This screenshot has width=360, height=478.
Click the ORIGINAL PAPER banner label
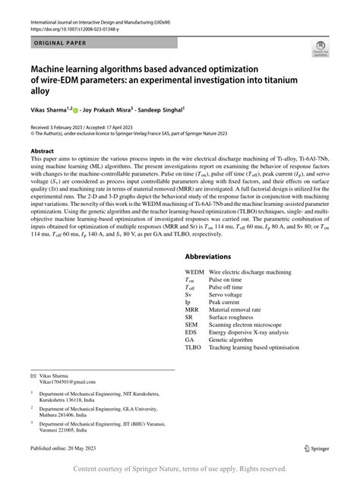62,44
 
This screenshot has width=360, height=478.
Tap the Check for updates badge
320,50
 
